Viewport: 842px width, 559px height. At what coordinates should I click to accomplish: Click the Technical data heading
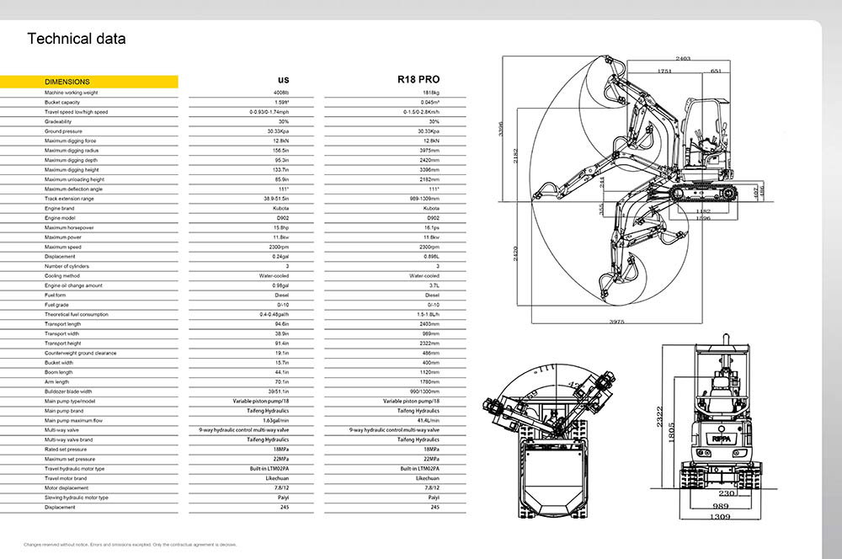77,39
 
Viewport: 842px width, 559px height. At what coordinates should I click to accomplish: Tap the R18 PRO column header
418,80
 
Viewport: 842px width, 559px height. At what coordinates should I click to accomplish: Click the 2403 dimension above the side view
683,59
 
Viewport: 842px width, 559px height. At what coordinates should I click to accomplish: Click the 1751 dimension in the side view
663,72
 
